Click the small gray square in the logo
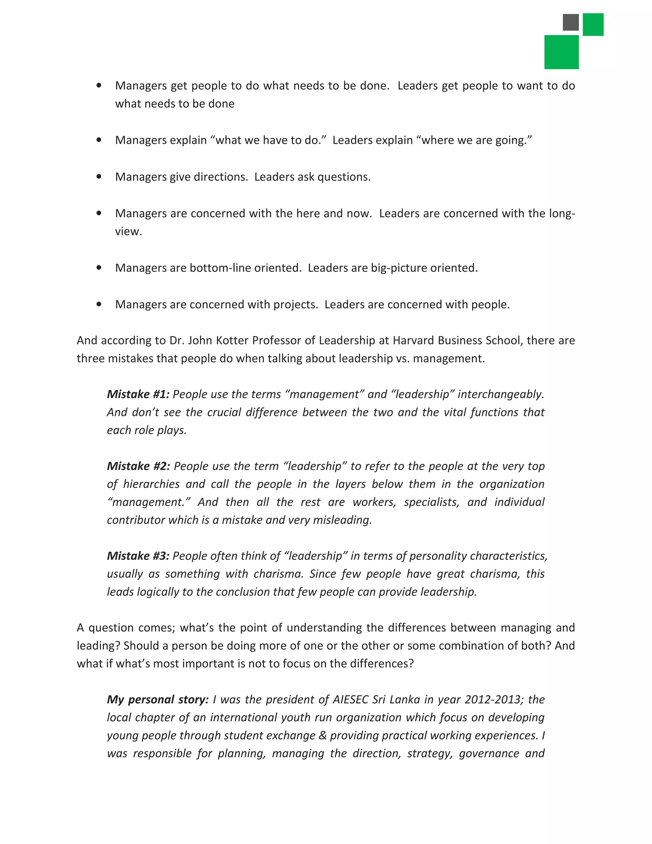tap(570, 22)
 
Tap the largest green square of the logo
tap(561, 52)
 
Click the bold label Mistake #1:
tap(138, 394)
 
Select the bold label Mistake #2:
tap(138, 466)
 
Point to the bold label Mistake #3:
tap(138, 556)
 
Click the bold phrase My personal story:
tap(158, 699)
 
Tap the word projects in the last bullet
tap(295, 304)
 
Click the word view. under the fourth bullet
tap(128, 232)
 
